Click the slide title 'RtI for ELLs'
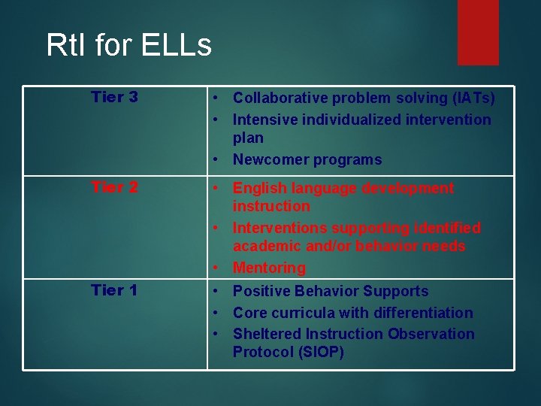[x=128, y=45]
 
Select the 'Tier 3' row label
[x=114, y=97]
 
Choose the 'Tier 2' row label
[x=114, y=187]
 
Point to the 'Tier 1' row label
[x=114, y=290]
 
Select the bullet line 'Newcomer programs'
[x=307, y=159]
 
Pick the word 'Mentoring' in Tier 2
[x=269, y=268]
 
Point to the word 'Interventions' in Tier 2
[x=280, y=228]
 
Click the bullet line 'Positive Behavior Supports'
[x=331, y=291]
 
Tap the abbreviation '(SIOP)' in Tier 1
[x=319, y=353]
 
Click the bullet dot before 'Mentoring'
[x=215, y=268]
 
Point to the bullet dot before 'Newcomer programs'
[x=215, y=159]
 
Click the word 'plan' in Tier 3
[x=248, y=138]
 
